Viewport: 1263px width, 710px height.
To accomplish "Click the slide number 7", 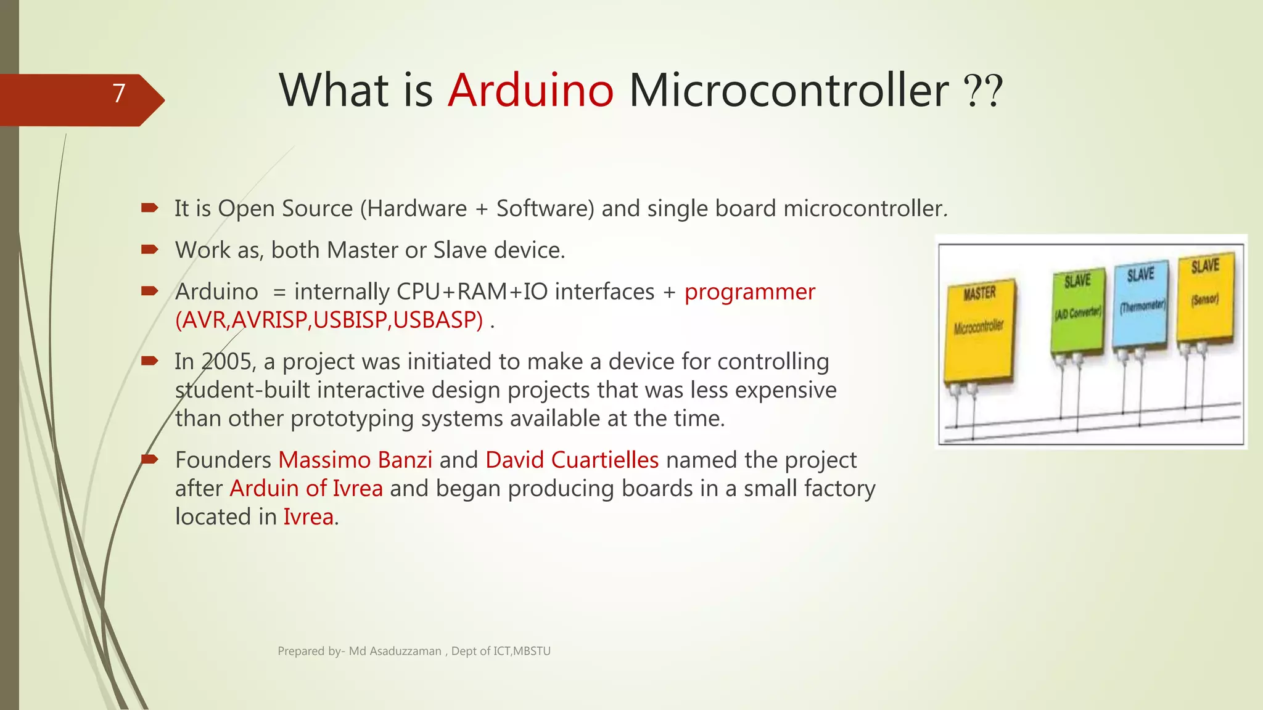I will coord(119,94).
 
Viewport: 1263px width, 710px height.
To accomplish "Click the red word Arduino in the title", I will coord(530,91).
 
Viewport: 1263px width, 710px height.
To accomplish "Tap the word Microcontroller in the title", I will coord(788,91).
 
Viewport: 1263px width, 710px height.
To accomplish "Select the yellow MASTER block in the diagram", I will coord(979,333).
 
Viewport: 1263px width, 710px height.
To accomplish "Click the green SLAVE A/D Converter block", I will coord(1077,311).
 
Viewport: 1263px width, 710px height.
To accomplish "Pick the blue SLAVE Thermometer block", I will coord(1141,305).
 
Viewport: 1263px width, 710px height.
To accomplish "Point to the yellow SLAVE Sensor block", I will coord(1205,296).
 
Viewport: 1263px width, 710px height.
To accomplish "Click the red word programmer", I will coord(749,292).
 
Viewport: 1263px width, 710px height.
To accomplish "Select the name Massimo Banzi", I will coord(355,460).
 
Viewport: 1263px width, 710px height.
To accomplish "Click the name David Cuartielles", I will coord(572,460).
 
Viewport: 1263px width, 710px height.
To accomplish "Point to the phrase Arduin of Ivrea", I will coord(306,489).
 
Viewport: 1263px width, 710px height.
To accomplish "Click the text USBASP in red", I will coord(438,320).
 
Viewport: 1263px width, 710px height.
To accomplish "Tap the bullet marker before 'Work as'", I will coord(149,250).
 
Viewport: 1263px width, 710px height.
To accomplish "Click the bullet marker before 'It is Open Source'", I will coord(149,208).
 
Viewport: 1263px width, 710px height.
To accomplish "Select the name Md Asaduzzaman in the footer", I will coord(395,651).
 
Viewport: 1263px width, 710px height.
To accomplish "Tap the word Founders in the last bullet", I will coord(223,460).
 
